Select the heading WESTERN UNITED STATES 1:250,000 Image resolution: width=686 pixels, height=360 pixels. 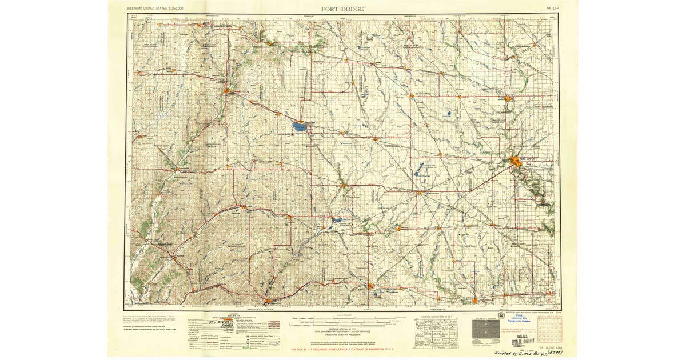tap(159, 9)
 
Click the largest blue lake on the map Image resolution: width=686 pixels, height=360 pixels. tap(299, 126)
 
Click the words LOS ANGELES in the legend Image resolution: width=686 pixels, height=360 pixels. tap(205, 323)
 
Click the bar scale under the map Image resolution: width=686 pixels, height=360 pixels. tap(343, 320)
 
